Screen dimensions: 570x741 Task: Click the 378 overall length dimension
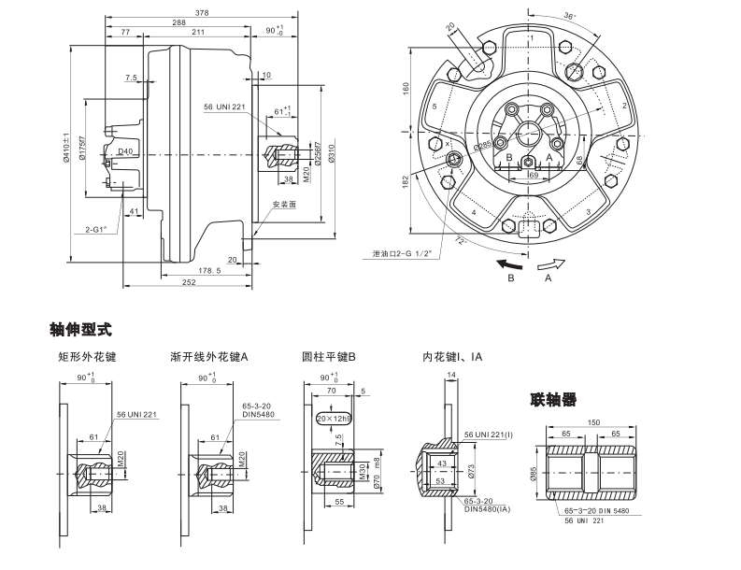(x=200, y=11)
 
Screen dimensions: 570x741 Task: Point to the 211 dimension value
(x=198, y=32)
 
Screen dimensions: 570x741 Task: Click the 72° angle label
(x=460, y=241)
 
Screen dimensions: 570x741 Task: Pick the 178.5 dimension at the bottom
(x=209, y=270)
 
